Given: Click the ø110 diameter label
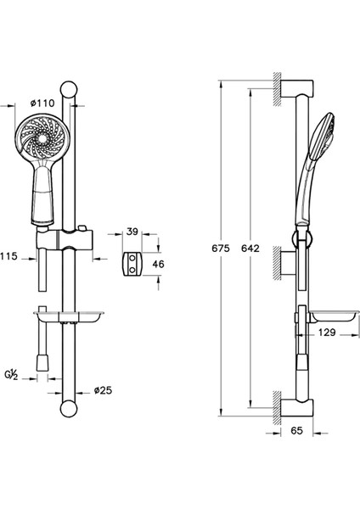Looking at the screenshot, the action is pos(42,103).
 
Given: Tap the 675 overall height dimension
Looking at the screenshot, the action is pos(221,249).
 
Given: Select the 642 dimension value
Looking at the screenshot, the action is pos(250,249).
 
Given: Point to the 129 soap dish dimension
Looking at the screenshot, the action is pos(327,333).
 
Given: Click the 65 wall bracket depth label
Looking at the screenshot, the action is pos(296,430).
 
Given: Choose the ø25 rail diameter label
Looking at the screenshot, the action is pos(103,390).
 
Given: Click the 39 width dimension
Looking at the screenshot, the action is pos(132,232).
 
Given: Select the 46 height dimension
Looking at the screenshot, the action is pos(158,264).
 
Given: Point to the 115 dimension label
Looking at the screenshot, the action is pos(8,256).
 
